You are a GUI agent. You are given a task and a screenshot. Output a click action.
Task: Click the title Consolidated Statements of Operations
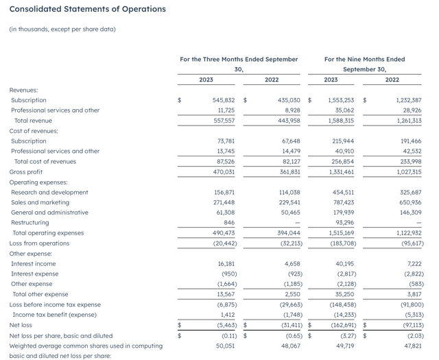(78, 10)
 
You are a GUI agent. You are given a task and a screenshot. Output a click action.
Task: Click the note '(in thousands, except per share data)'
(62, 29)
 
